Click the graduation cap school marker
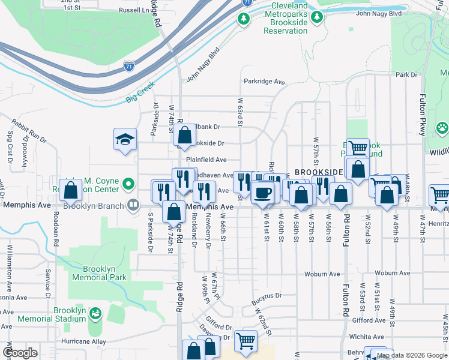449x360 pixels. tap(125, 140)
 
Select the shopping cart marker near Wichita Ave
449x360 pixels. tap(246, 341)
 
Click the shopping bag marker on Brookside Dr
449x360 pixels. tap(184, 136)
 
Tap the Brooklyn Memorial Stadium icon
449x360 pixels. tap(95, 313)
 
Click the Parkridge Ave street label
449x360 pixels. tap(264, 82)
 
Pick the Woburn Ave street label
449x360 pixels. tap(390, 273)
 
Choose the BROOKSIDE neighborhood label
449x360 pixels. tap(319, 172)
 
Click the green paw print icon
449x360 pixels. tap(442, 127)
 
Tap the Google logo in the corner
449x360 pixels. tap(19, 353)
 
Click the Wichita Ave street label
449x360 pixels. tap(385, 337)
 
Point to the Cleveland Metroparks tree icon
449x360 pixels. tap(244, 19)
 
